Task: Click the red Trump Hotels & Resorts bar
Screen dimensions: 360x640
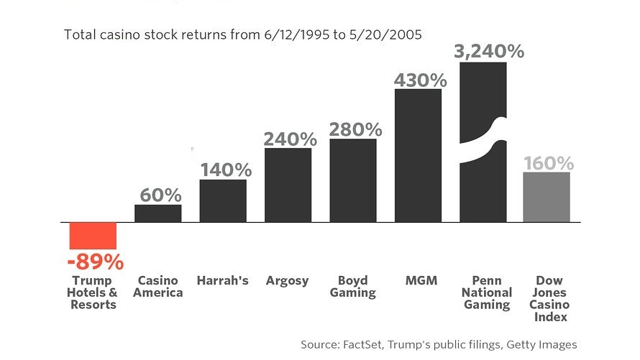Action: point(93,236)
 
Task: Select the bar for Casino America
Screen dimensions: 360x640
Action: point(157,213)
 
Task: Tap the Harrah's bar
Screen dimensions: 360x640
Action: point(223,200)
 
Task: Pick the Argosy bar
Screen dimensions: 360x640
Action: point(288,185)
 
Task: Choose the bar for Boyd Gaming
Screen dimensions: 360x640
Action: point(353,180)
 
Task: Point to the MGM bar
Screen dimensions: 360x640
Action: point(418,155)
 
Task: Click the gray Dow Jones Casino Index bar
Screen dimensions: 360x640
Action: point(547,197)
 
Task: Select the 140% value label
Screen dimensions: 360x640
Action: point(226,170)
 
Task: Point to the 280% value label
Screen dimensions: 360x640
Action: point(355,129)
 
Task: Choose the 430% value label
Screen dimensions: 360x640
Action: point(421,80)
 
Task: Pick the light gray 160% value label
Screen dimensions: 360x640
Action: point(548,163)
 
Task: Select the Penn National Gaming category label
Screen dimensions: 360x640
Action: point(487,292)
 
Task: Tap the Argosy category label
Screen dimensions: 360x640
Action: point(288,280)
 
